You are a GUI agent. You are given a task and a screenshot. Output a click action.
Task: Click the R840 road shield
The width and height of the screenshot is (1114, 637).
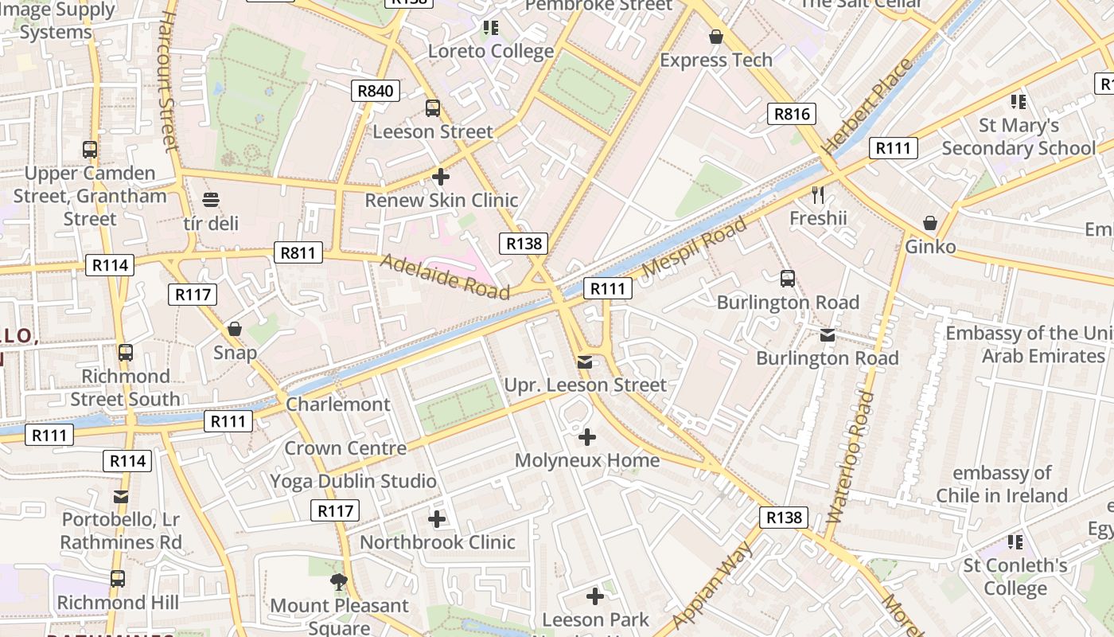375,91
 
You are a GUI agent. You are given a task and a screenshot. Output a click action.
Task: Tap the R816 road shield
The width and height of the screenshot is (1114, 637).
792,114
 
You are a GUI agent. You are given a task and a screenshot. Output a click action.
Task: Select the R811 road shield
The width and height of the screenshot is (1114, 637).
298,253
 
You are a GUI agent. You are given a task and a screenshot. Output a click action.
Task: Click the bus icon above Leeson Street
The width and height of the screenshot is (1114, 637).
433,108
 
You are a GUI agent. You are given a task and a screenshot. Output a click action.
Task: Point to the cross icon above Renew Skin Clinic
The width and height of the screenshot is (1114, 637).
440,177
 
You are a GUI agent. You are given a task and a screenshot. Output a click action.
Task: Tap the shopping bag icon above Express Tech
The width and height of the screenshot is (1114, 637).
715,37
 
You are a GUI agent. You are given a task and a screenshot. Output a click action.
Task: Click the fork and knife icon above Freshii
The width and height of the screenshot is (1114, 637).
817,194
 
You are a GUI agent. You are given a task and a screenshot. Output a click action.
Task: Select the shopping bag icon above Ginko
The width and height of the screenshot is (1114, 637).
929,223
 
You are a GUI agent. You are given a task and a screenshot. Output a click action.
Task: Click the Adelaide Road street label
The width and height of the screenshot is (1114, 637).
444,276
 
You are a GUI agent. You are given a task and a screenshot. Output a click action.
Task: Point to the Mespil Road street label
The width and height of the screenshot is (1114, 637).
694,246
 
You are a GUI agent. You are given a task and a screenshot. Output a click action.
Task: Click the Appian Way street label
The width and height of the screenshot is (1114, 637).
713,585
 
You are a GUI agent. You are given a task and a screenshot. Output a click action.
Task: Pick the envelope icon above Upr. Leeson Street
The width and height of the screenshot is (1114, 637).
585,362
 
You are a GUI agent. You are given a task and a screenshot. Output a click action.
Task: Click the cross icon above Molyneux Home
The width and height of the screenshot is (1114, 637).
586,437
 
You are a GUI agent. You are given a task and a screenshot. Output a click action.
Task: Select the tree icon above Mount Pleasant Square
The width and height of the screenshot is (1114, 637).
339,582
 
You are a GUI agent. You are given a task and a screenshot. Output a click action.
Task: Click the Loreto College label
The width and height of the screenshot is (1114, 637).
490,52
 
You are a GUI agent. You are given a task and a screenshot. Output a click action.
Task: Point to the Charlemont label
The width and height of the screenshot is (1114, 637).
338,404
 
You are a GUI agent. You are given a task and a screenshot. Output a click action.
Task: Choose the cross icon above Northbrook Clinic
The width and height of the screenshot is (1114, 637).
437,519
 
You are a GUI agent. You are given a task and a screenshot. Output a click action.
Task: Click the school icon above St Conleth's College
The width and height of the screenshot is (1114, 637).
1015,542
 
